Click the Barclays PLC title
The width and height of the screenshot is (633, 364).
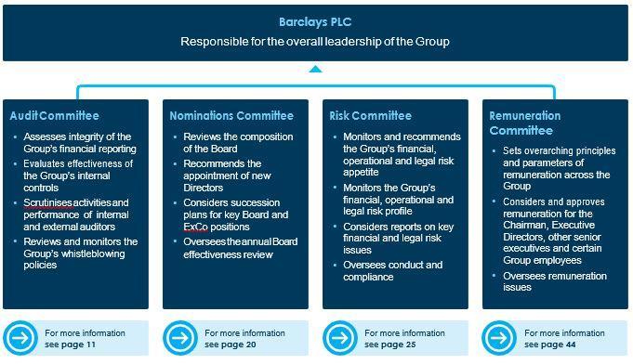coord(315,21)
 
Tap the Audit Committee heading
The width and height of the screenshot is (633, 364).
coord(54,116)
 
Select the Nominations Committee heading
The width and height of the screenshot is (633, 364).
coord(231,116)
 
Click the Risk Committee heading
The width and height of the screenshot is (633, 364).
coord(370,116)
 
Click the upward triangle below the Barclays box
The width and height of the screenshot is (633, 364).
coord(316,69)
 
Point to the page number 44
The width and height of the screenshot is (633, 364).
coord(570,344)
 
